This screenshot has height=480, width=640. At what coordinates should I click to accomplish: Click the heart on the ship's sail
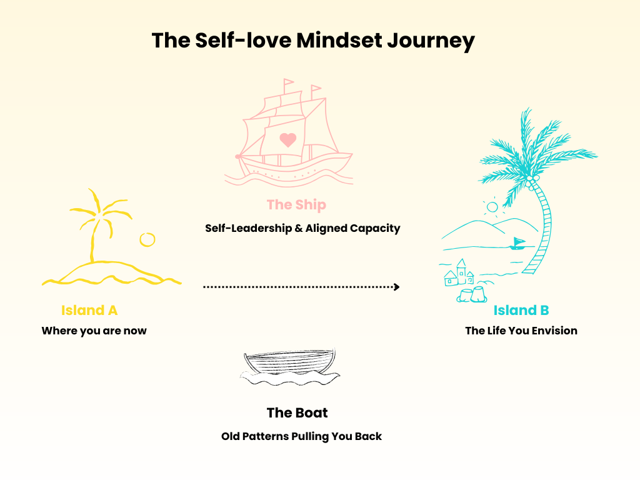[287, 139]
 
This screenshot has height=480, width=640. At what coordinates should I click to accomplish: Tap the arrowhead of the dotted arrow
[396, 287]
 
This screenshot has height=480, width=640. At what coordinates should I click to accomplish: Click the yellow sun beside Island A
[147, 239]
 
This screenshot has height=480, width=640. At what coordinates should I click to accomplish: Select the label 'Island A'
[89, 310]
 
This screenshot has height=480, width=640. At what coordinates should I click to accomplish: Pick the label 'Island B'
[521, 310]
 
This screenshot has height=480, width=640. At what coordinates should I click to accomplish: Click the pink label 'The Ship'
[296, 204]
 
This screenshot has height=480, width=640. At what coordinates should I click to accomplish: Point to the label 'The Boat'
[297, 412]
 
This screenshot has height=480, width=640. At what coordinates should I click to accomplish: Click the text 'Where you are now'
[94, 331]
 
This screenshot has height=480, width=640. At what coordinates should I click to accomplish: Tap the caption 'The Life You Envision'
[521, 331]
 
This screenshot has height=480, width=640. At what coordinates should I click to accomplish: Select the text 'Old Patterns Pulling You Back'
[301, 436]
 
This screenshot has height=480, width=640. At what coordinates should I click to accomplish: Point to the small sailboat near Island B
[517, 244]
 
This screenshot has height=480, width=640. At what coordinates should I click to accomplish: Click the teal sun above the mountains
[492, 206]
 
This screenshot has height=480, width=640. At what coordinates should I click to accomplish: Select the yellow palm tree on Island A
[97, 222]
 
